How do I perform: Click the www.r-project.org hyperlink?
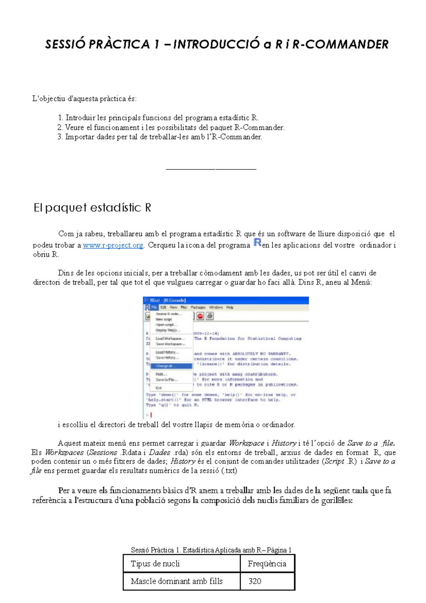[x=113, y=245]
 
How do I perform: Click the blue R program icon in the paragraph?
[x=257, y=243]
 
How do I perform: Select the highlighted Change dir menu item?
[x=171, y=366]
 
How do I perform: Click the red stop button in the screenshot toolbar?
[x=200, y=316]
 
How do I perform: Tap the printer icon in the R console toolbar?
[x=210, y=316]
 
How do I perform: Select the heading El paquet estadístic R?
[x=92, y=207]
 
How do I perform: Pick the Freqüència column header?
[x=267, y=564]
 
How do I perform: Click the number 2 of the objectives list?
[x=60, y=127]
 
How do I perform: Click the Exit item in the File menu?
[x=159, y=388]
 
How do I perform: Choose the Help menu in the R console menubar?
[x=230, y=308]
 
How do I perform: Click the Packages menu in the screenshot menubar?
[x=198, y=308]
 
